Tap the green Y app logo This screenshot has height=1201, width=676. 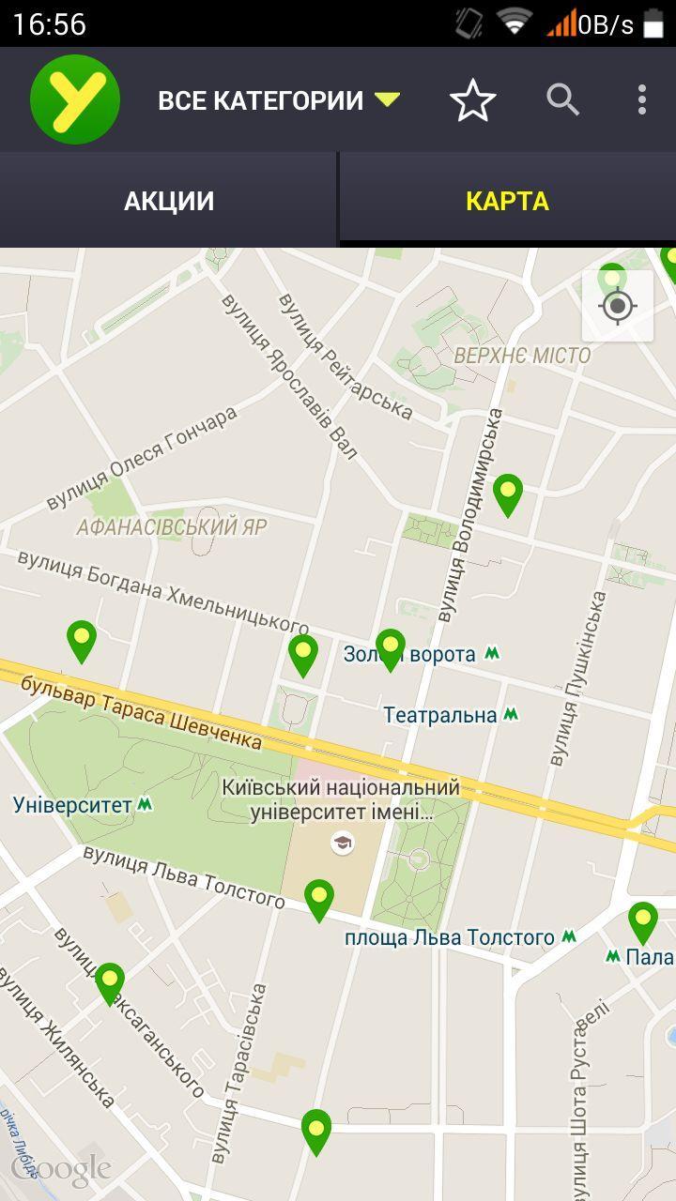point(75,99)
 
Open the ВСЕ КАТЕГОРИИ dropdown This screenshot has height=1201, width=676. point(278,100)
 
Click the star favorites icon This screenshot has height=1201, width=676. point(472,100)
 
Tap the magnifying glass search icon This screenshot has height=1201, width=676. point(562,99)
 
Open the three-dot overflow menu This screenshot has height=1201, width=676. point(642,99)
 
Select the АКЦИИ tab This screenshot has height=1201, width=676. point(169,201)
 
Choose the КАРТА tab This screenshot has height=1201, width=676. point(507,201)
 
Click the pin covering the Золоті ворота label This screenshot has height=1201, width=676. point(390,648)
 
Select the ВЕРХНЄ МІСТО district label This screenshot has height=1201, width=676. point(522,356)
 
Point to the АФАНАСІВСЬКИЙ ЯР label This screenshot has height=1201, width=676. point(172,526)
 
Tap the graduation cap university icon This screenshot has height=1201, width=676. point(343,843)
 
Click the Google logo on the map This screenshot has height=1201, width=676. point(61,1169)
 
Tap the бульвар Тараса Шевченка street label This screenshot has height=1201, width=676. point(141,710)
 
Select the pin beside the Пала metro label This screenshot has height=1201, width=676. point(643,920)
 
